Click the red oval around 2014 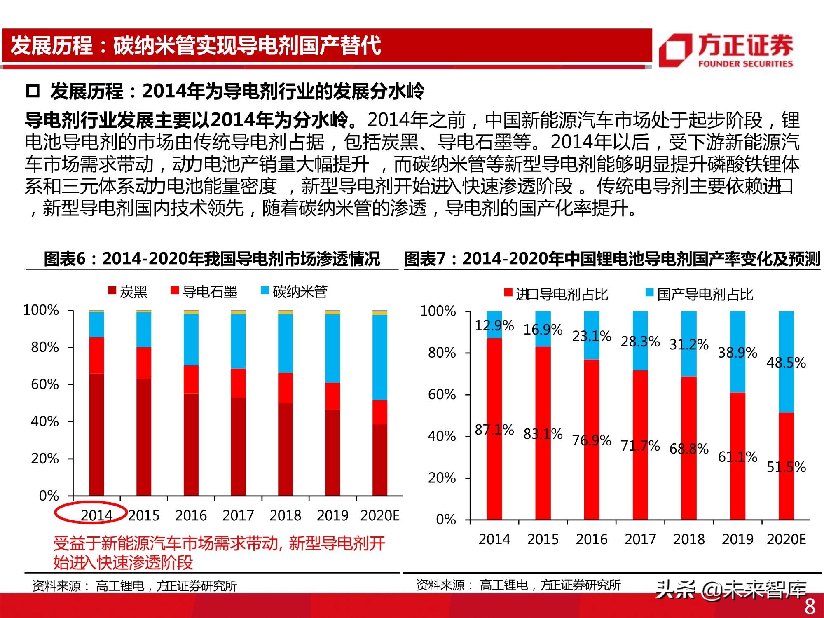tap(91, 513)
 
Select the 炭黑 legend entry tap(128, 292)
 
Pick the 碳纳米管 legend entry tap(294, 292)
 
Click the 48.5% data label tap(786, 363)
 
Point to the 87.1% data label tap(494, 430)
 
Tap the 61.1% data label tap(737, 456)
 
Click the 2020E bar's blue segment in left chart tap(379, 357)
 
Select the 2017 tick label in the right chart tap(640, 539)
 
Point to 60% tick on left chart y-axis tap(45, 384)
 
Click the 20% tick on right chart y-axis tap(442, 478)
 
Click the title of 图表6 tap(212, 259)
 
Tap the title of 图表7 tap(612, 259)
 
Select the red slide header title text tap(196, 45)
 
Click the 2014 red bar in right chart tap(494, 428)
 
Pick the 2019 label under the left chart tap(332, 515)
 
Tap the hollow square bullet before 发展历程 tap(33, 91)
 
